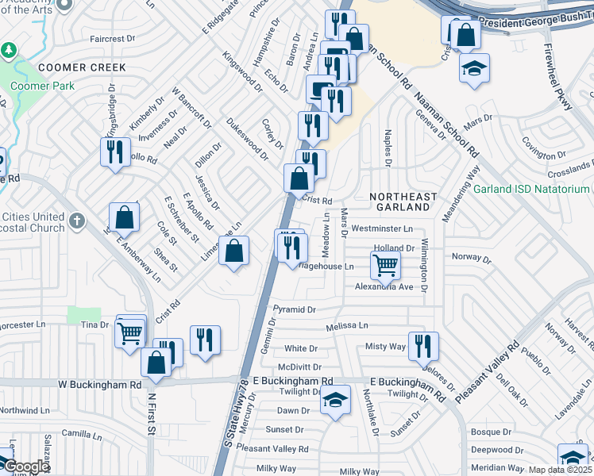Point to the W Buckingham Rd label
(99, 384)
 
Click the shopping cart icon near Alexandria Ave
(385, 264)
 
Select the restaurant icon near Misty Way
(423, 345)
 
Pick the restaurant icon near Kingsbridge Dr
(115, 151)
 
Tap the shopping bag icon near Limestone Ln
(233, 251)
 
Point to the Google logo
(25, 467)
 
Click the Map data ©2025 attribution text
(561, 470)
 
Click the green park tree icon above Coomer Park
(8, 50)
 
